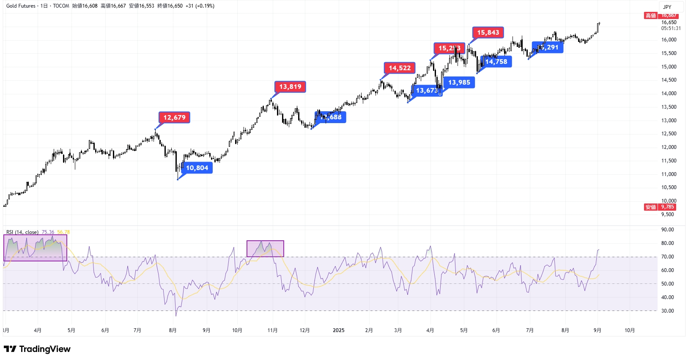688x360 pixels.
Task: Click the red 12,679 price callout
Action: (x=174, y=118)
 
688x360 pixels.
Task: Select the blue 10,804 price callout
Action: (x=197, y=168)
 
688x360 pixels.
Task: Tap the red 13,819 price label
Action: (x=290, y=87)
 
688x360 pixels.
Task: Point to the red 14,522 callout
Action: (x=400, y=68)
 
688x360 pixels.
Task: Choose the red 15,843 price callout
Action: (x=488, y=33)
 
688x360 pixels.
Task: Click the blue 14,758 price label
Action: (x=496, y=62)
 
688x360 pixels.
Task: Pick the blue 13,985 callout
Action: (x=459, y=82)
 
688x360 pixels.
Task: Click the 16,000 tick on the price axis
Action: (x=669, y=40)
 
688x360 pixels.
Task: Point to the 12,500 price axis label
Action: (x=669, y=134)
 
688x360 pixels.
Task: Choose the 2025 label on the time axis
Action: (x=338, y=330)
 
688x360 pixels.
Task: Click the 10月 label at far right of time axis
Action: (x=629, y=330)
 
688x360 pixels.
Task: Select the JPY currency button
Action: (x=667, y=7)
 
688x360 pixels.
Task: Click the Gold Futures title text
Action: (x=21, y=6)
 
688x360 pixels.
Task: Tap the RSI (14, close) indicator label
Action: (x=22, y=232)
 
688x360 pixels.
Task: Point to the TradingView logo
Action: (x=37, y=349)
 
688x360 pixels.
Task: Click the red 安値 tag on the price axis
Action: (x=650, y=207)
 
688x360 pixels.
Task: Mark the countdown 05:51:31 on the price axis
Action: (x=671, y=28)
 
